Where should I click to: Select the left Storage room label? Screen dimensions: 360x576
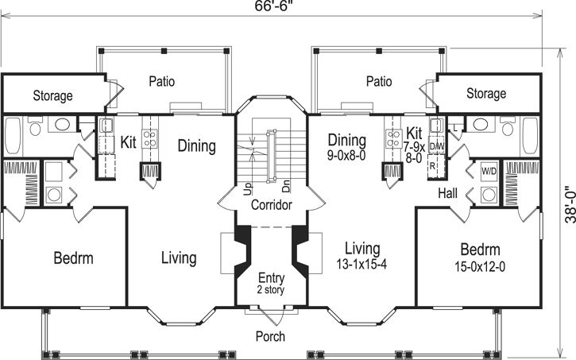(52, 96)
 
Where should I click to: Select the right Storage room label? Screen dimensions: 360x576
(485, 94)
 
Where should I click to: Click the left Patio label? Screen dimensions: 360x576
(161, 81)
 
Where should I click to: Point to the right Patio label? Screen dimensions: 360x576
(379, 81)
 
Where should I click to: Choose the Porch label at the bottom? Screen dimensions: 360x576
(270, 336)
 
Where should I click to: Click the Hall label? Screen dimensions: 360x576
(446, 193)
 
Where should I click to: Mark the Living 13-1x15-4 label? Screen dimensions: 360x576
(358, 254)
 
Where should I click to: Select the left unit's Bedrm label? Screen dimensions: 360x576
(74, 258)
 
